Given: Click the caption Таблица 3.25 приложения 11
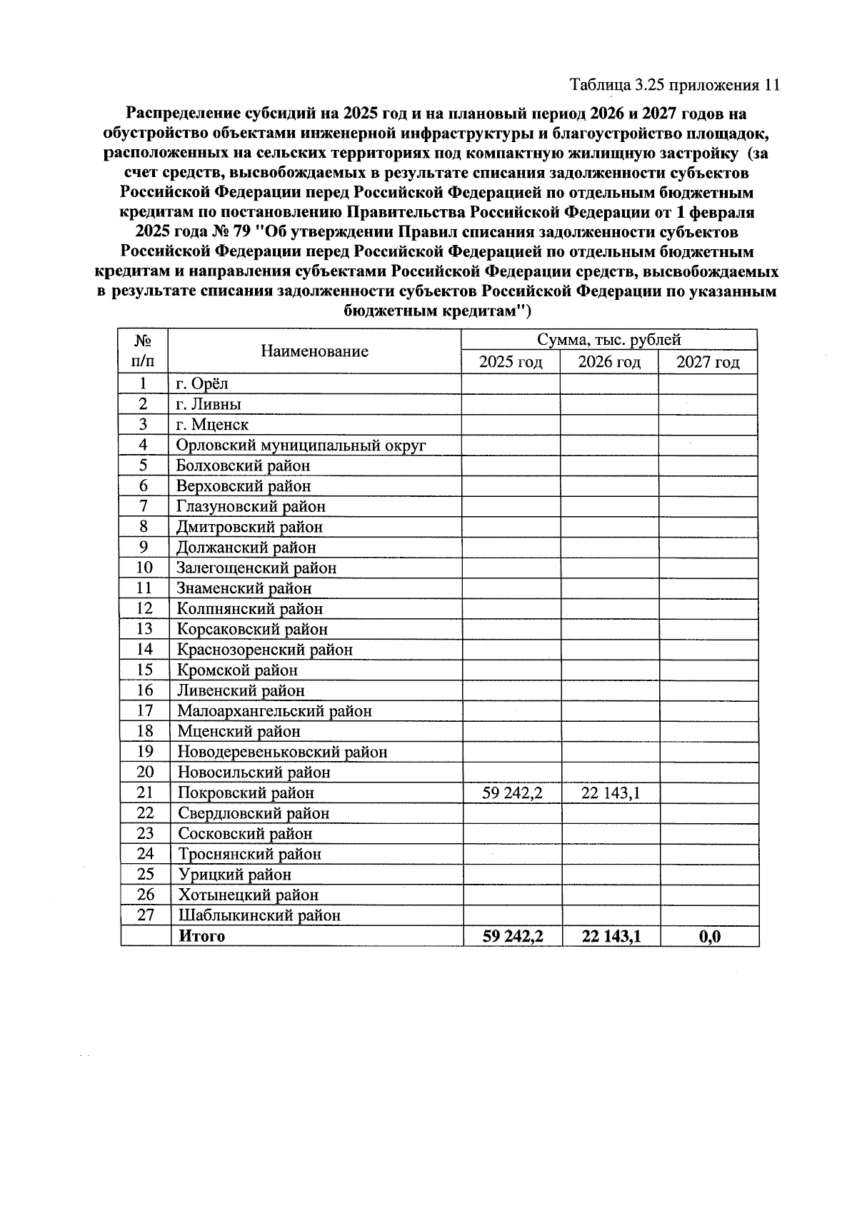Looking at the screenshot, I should pyautogui.click(x=673, y=86).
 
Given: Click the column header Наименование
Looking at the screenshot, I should pyautogui.click(x=314, y=351).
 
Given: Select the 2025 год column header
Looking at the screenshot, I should pyautogui.click(x=510, y=362).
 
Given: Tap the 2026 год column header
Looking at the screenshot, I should pyautogui.click(x=608, y=362).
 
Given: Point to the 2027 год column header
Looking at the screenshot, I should pyautogui.click(x=707, y=362).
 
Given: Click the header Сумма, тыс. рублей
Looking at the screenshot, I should pyautogui.click(x=608, y=340).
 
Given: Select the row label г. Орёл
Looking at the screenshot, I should pyautogui.click(x=202, y=383).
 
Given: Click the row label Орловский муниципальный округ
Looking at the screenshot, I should pyautogui.click(x=301, y=445).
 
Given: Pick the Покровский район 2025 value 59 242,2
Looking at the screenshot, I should pyautogui.click(x=512, y=792).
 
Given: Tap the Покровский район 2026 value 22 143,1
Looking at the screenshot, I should pyautogui.click(x=611, y=792).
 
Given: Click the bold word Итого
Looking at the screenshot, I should pyautogui.click(x=201, y=936).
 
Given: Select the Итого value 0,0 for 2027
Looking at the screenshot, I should pyautogui.click(x=709, y=936).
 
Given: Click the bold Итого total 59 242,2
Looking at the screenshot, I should pyautogui.click(x=512, y=936).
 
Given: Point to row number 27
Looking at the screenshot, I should pyautogui.click(x=145, y=915).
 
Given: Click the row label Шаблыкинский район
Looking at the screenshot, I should pyautogui.click(x=259, y=915).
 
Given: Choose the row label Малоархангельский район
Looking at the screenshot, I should pyautogui.click(x=274, y=710).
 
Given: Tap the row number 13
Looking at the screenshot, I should pyautogui.click(x=144, y=629).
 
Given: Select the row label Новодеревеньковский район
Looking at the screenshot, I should pyautogui.click(x=282, y=752).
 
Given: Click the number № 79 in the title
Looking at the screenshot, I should pyautogui.click(x=226, y=232).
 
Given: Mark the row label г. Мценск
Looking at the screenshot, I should pyautogui.click(x=212, y=424).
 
